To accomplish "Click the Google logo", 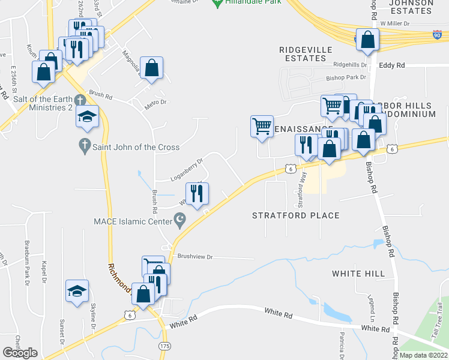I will [20, 353].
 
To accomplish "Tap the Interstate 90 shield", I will [437, 35].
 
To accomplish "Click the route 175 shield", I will [165, 346].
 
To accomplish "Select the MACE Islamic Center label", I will [132, 222].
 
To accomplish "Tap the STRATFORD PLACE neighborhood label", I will [295, 215].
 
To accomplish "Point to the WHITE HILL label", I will [358, 274].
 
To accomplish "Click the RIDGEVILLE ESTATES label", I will [303, 54].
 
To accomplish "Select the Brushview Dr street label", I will [195, 256].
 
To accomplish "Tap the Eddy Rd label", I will [392, 65].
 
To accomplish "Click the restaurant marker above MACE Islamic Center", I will [197, 193].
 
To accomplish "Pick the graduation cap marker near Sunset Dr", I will [77, 291].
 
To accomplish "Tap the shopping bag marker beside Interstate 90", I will [367, 40].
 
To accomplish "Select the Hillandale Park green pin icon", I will [218, 4].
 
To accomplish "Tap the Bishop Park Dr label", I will [346, 77].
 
